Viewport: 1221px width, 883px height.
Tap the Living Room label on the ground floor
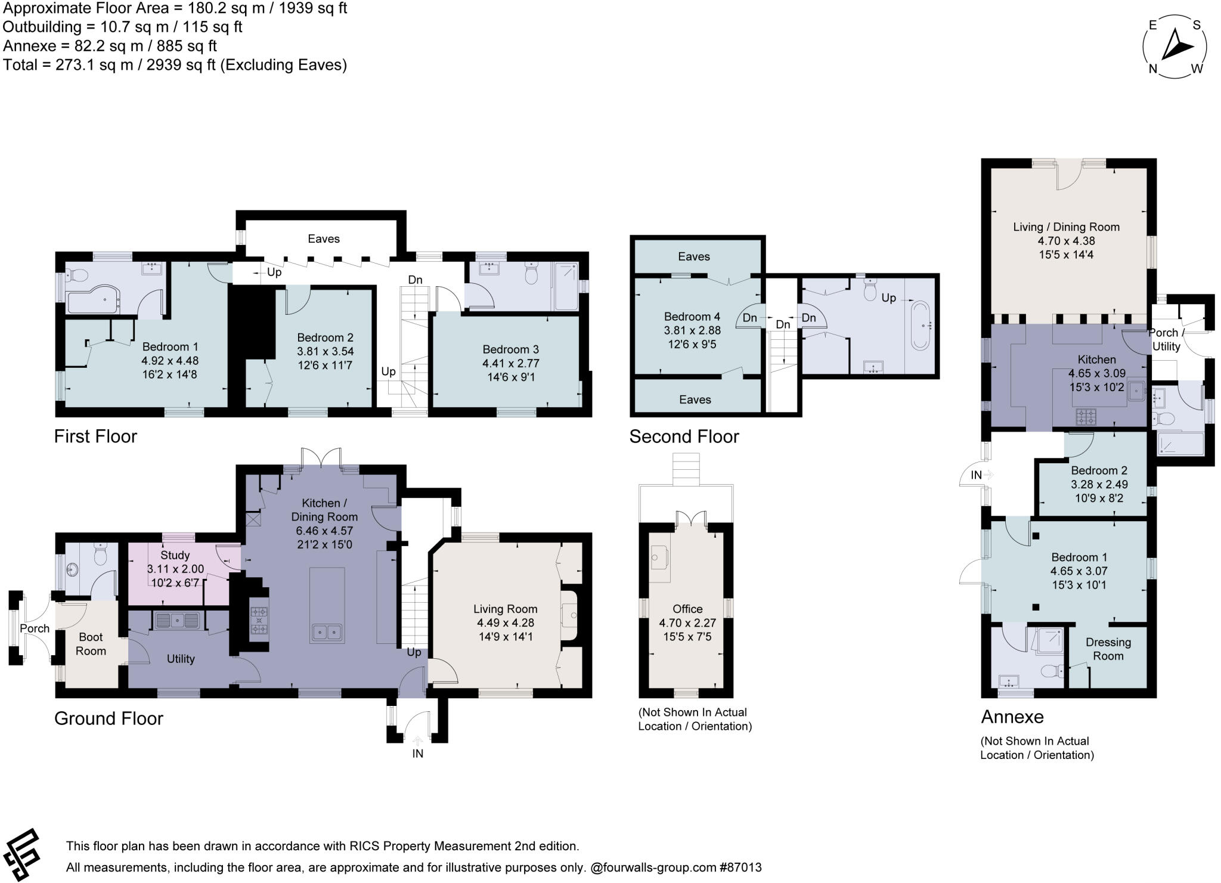[x=505, y=609]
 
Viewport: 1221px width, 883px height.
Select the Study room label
[x=175, y=555]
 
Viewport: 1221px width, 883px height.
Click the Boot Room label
[x=91, y=644]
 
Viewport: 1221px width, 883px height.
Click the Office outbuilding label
[x=687, y=609]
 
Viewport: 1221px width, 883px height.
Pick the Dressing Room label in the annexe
[x=1108, y=649]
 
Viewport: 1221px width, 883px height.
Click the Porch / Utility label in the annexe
[x=1166, y=339]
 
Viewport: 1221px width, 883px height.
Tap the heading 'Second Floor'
[x=684, y=436]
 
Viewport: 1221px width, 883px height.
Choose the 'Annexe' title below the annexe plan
[x=1012, y=717]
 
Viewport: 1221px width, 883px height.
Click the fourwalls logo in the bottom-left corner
[x=22, y=854]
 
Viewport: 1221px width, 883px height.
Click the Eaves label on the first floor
[x=324, y=238]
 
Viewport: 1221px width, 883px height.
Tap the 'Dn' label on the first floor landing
[x=415, y=280]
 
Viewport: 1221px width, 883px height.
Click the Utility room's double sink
[x=177, y=621]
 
